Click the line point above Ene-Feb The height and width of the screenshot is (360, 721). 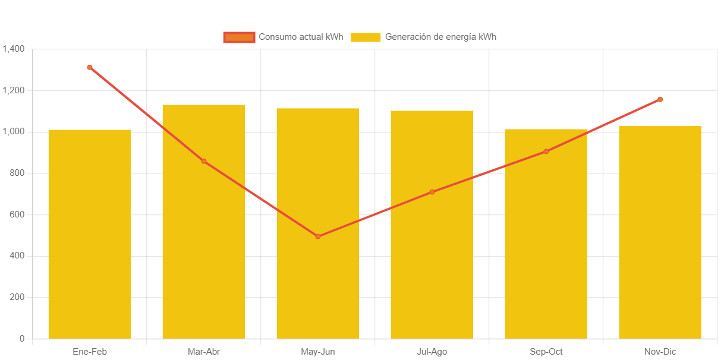point(90,67)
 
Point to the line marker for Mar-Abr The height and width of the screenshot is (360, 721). point(204,161)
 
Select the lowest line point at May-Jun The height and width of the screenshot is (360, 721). point(318,236)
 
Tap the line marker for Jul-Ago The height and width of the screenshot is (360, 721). point(432,192)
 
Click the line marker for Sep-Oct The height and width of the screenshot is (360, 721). point(546,151)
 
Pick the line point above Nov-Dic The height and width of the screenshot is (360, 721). point(660,99)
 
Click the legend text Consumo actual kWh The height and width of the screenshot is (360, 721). point(301,37)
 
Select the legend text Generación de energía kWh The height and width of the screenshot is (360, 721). point(440,37)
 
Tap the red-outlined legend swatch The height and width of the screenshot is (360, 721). point(239,37)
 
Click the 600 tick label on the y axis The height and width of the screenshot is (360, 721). point(17,214)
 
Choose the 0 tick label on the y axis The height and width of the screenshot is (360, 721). point(22,339)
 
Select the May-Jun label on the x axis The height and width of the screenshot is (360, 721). point(318,352)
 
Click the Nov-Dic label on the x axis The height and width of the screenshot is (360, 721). point(660,352)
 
